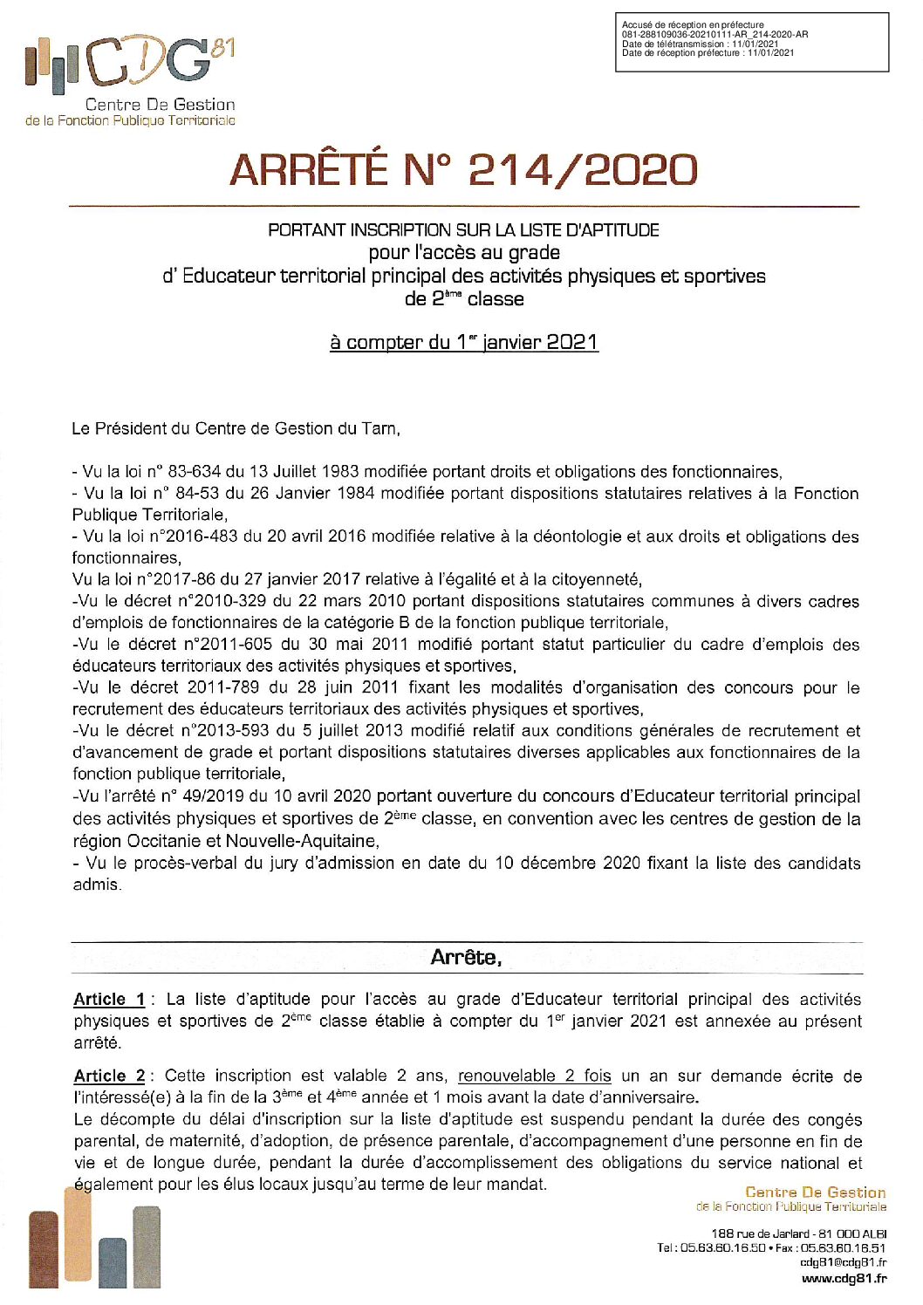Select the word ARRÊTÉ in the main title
pos(309,169)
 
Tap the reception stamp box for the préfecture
pos(751,41)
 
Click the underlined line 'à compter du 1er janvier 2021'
pos(464,342)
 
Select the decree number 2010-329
pos(226,601)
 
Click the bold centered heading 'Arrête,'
pos(466,957)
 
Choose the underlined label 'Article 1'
pos(109,1000)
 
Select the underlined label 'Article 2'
pos(109,1076)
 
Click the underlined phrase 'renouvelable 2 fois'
pos(534,1076)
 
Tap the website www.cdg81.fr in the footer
pos(844,1279)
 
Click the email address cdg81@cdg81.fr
pos(843,1262)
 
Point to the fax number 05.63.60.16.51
pos(843,1247)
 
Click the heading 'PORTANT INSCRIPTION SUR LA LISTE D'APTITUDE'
pos(463,230)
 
